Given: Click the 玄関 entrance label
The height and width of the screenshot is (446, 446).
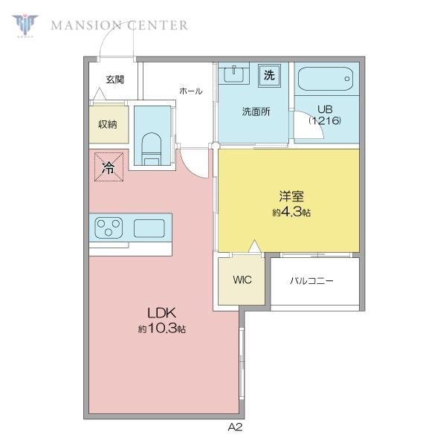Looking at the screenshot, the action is [115, 80].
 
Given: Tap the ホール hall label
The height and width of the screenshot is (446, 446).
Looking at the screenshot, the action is [191, 91].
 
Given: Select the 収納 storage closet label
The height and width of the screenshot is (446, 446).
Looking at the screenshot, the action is [108, 124].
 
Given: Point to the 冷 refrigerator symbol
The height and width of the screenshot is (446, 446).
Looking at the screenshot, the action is [109, 167].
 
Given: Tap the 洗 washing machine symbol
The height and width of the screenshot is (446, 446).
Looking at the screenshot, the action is [269, 75].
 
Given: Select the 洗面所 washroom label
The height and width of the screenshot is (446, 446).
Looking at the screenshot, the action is [256, 111].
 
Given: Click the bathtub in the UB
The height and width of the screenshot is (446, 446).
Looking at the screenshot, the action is [326, 79].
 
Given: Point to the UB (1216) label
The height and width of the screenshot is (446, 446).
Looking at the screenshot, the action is [325, 115].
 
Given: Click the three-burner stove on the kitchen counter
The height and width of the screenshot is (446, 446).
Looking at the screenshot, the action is [109, 227].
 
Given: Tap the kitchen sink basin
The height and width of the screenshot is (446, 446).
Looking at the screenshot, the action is [149, 228].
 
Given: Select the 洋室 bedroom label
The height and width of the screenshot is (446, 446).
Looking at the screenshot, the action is [291, 196].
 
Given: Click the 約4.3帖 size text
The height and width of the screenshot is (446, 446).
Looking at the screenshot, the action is [291, 212].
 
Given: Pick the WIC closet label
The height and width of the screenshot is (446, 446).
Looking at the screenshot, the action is [242, 280].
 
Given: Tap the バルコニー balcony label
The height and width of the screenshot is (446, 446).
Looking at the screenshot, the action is [311, 281].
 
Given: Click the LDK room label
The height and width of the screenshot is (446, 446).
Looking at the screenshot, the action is [161, 313].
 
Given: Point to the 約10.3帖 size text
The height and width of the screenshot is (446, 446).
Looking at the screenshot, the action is [162, 329].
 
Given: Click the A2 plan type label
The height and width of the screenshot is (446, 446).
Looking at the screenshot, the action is [235, 427].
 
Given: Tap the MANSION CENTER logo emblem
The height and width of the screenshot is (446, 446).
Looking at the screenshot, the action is [25, 25].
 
